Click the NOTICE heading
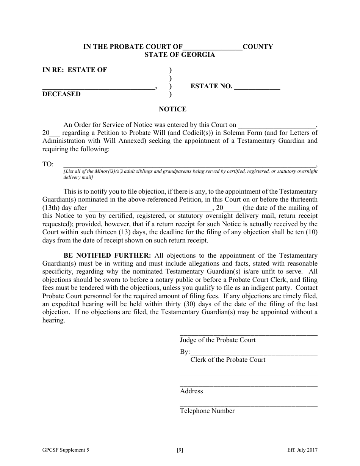coord(172,109)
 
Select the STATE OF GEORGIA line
coord(180,55)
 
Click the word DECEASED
coord(61,94)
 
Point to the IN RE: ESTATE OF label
coord(75,70)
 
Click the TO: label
coord(48,164)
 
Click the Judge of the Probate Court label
coord(218,340)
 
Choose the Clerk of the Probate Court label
coord(228,360)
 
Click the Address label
coord(191,391)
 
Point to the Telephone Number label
coord(207,411)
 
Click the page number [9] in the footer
coord(180,450)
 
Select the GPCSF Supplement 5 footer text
coord(66,450)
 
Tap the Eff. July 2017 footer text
coord(302,450)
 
